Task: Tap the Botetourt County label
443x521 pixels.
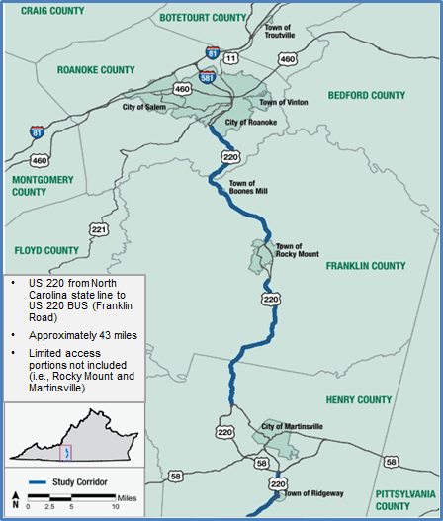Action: (202, 18)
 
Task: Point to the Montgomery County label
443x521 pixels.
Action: (38, 185)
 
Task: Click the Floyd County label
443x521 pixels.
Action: (46, 250)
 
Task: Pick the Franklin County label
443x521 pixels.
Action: (366, 266)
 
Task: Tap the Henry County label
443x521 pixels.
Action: (360, 399)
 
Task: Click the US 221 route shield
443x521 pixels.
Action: (98, 229)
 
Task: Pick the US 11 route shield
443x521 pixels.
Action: (231, 59)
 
